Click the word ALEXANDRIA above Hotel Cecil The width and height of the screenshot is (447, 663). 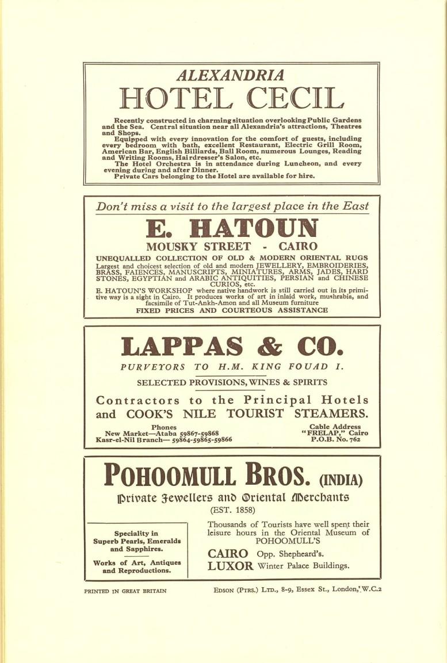230,75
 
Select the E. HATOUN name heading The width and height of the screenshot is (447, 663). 231,228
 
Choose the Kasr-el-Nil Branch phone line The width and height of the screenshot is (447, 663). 164,440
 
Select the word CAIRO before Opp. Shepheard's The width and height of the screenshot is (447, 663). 228,553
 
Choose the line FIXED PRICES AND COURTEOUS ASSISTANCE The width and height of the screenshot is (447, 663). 232,310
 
